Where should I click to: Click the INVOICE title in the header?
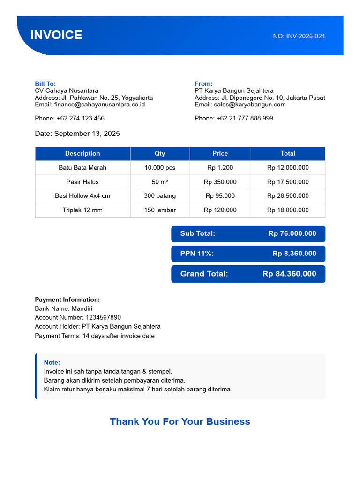56,35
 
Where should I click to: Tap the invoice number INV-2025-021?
305,36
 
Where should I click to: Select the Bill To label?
45,84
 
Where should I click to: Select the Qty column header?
160,154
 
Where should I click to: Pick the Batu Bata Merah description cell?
82,168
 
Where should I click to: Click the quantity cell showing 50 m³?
160,182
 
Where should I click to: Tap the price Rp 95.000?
220,196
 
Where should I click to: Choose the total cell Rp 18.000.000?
288,210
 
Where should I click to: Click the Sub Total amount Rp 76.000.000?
292,233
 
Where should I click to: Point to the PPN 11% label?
197,254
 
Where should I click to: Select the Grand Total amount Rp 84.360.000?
289,274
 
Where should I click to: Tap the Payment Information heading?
67,300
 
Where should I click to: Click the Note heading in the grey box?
52,362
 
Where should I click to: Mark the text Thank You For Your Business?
180,421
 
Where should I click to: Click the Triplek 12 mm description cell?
82,210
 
